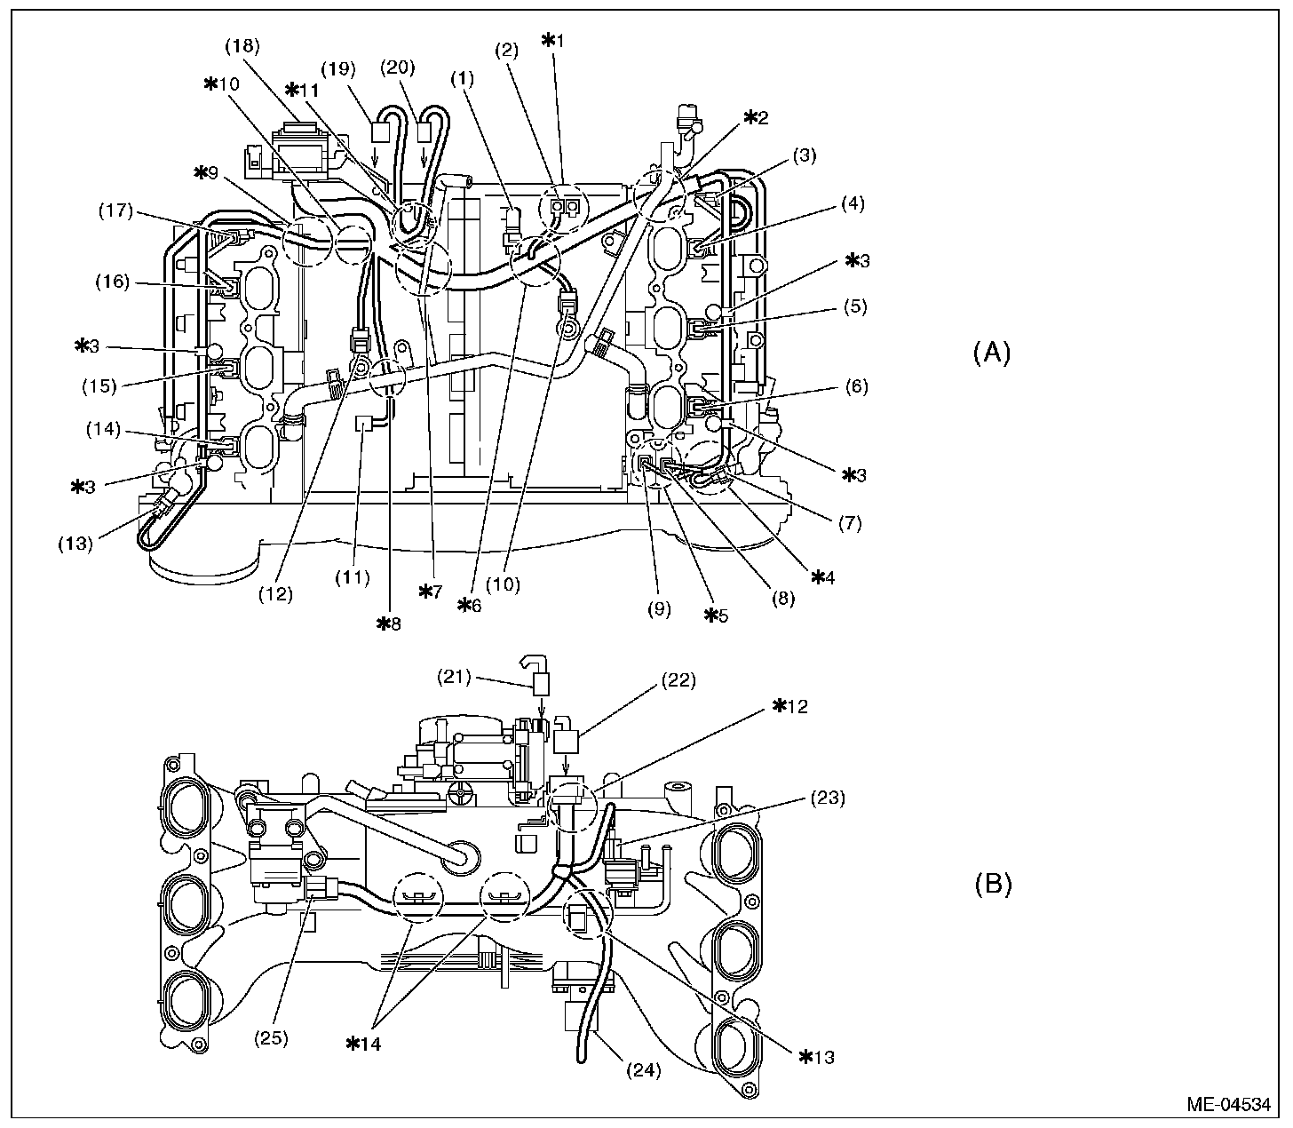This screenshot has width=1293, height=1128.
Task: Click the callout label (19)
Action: point(341,68)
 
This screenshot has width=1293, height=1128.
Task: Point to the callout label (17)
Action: point(116,211)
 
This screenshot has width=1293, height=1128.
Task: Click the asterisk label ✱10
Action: point(222,83)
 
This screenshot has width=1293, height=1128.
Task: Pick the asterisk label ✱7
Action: point(430,591)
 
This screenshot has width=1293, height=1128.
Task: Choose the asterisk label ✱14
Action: point(363,1044)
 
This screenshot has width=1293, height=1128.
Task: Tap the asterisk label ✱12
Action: point(790,706)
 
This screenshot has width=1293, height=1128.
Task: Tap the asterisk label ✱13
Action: point(817,1056)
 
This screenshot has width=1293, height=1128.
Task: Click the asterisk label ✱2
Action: point(756,116)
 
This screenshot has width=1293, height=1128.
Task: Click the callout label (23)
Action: point(827,797)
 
